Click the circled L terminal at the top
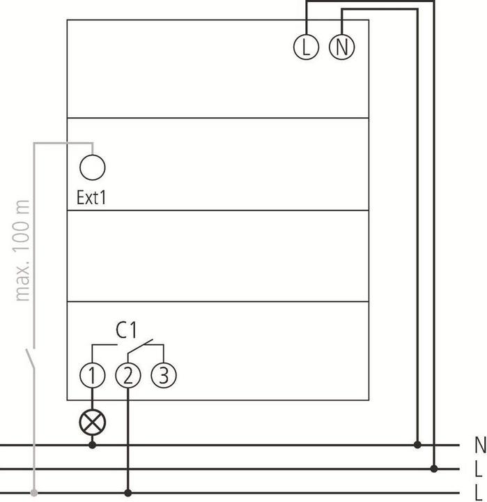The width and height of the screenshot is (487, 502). click(x=307, y=47)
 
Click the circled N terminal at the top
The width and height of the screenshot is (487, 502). click(x=341, y=47)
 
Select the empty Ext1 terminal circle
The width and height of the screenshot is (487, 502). click(x=93, y=167)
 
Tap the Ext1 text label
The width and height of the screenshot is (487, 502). click(x=91, y=197)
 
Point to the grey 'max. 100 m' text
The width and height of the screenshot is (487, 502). click(x=22, y=250)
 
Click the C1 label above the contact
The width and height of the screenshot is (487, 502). click(x=126, y=330)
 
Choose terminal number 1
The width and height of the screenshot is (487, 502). click(x=93, y=375)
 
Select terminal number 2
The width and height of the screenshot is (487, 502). click(x=128, y=375)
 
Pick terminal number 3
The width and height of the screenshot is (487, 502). click(x=164, y=375)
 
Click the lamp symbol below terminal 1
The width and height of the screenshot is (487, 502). click(x=93, y=422)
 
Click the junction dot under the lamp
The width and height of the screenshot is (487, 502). click(x=93, y=445)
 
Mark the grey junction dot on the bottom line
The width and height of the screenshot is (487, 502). click(x=33, y=493)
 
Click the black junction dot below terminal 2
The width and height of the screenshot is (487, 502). click(x=128, y=493)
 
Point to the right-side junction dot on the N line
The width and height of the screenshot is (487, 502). click(x=417, y=445)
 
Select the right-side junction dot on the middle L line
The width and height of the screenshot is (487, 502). click(x=434, y=469)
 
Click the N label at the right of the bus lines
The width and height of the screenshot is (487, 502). click(x=480, y=445)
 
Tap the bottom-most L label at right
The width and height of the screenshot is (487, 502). click(x=479, y=493)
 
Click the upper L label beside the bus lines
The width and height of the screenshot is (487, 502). click(x=479, y=469)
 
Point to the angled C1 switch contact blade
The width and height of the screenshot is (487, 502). click(x=140, y=346)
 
